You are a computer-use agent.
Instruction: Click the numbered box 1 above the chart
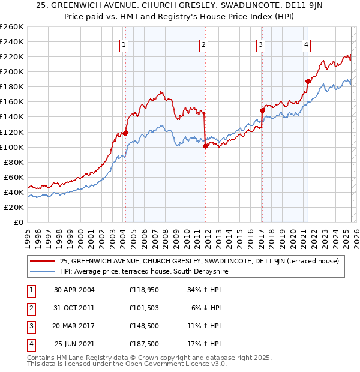point(124,44)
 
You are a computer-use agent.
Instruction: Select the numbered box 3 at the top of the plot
point(261,44)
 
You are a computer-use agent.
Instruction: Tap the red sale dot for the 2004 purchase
point(125,133)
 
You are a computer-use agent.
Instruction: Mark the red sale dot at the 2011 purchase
point(205,145)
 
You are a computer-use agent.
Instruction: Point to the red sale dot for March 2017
point(262,110)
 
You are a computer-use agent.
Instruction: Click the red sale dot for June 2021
point(308,81)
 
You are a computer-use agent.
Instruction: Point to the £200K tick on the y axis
point(12,71)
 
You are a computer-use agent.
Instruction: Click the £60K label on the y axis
point(14,177)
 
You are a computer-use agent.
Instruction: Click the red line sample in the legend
point(42,261)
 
